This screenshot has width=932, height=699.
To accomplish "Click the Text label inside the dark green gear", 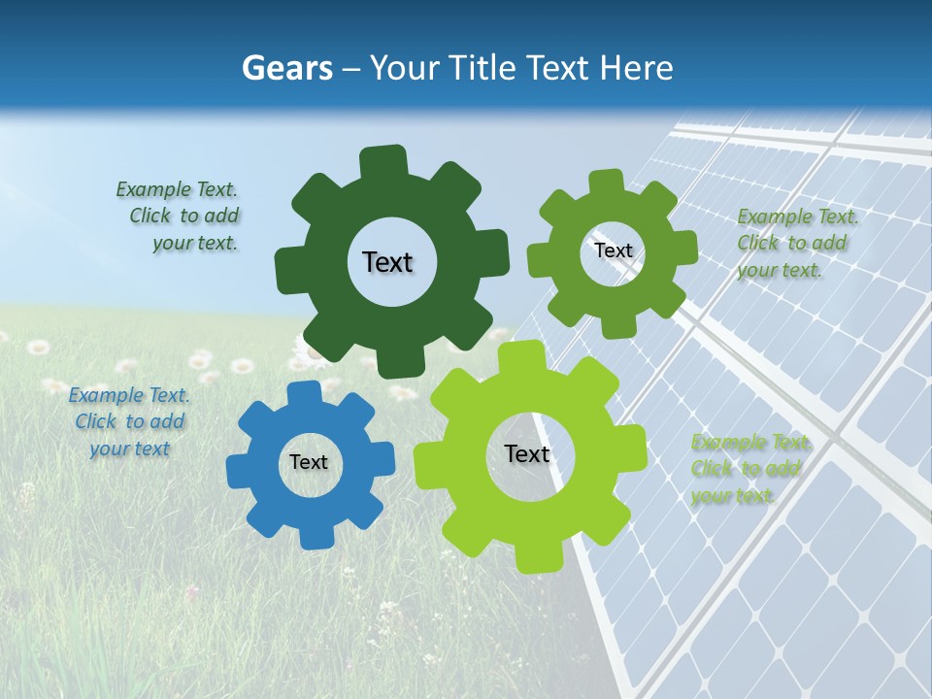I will click(387, 262).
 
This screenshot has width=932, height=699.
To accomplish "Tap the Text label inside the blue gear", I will click(309, 462).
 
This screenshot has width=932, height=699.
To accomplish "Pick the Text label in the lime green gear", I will click(527, 454).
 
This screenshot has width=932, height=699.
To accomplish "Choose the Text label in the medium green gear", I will click(613, 250).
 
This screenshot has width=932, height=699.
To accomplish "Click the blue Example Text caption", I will click(129, 421).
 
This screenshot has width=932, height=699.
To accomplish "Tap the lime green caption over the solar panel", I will click(749, 469).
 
